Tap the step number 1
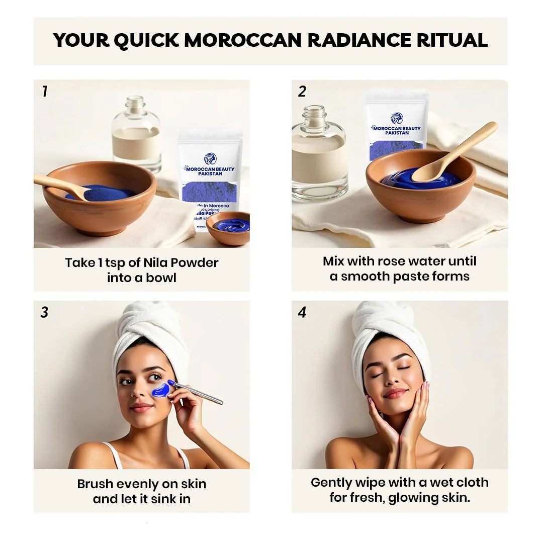[45, 92]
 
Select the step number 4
[302, 312]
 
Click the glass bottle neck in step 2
[315, 118]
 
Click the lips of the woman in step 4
[395, 393]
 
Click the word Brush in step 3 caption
[95, 484]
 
